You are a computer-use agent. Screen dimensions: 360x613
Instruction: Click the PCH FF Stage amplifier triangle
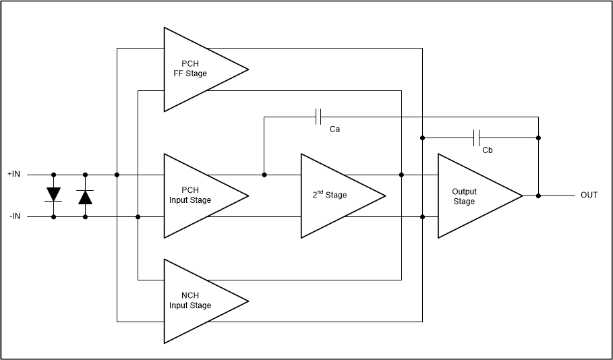coord(196,69)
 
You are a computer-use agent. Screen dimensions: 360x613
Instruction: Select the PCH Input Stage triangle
coord(196,196)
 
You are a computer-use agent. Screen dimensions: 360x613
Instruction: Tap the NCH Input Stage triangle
coord(196,301)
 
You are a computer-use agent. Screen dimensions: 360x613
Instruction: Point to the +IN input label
coord(14,174)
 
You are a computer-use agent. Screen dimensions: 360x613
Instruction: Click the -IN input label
coord(14,216)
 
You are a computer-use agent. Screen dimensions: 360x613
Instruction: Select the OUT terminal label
coord(589,196)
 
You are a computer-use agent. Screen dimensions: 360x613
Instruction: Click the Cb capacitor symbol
coord(477,138)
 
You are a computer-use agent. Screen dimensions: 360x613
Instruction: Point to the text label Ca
coord(334,129)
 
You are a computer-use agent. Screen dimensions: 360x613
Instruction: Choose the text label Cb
coord(487,150)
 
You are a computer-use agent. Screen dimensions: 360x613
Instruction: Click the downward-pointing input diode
coord(54,195)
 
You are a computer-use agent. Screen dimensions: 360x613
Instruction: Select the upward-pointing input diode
coord(85,196)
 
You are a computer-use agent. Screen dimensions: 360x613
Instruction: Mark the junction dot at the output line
coord(538,196)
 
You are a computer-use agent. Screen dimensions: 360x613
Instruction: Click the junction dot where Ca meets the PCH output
coord(264,175)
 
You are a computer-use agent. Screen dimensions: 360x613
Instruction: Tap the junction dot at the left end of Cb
coord(422,138)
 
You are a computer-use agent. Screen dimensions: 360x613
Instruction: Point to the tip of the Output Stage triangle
coord(522,196)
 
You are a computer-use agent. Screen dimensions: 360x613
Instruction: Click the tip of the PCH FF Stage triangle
coord(248,69)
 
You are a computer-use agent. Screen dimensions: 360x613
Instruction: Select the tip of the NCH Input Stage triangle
coord(248,301)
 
